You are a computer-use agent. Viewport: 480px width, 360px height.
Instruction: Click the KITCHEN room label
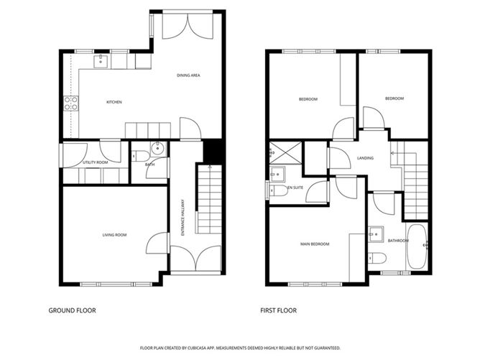pyautogui.click(x=114, y=102)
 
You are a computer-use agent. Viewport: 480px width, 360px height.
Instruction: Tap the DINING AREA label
pyautogui.click(x=188, y=75)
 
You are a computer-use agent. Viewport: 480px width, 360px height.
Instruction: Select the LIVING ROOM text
pyautogui.click(x=114, y=235)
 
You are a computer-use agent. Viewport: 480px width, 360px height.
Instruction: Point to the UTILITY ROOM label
pyautogui.click(x=96, y=162)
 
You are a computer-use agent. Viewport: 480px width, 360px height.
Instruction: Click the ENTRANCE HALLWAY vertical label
pyautogui.click(x=183, y=218)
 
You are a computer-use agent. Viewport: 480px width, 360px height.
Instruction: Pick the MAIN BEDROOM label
pyautogui.click(x=315, y=244)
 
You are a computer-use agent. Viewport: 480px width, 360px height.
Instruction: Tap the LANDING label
pyautogui.click(x=365, y=158)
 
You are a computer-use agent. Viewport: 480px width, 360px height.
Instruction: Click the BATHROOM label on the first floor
pyautogui.click(x=398, y=241)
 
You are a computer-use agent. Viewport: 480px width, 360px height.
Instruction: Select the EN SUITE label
pyautogui.click(x=295, y=188)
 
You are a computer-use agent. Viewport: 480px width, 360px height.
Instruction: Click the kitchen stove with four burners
pyautogui.click(x=71, y=103)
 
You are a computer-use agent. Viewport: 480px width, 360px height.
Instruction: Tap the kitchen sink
pyautogui.click(x=101, y=61)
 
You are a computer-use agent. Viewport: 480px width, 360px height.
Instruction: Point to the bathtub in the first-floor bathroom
pyautogui.click(x=417, y=246)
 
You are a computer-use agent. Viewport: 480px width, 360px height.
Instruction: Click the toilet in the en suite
pyautogui.click(x=277, y=190)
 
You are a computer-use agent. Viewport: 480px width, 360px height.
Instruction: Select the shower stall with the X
pyautogui.click(x=285, y=153)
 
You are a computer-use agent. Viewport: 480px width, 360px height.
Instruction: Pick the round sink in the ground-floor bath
pyautogui.click(x=158, y=149)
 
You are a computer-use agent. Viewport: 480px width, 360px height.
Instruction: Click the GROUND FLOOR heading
pyautogui.click(x=73, y=310)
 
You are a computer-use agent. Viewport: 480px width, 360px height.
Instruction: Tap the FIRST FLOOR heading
pyautogui.click(x=279, y=310)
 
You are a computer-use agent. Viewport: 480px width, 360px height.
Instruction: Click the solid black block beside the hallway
pyautogui.click(x=213, y=152)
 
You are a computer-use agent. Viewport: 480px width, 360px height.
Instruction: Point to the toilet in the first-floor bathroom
pyautogui.click(x=377, y=258)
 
